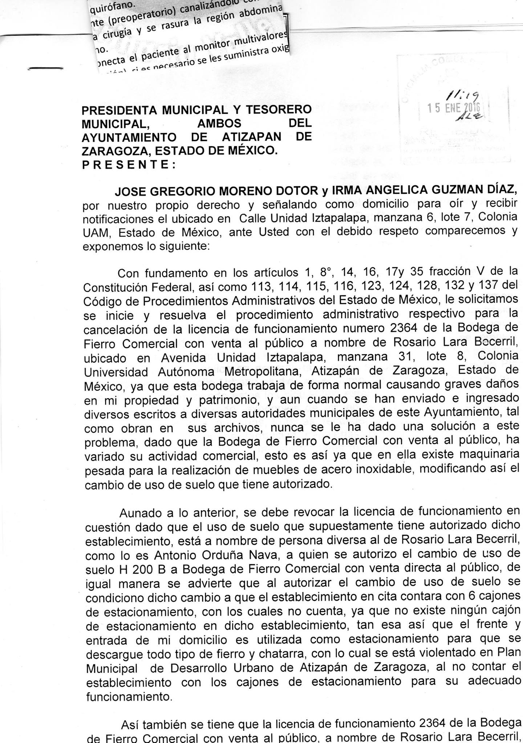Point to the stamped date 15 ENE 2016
tap(454, 108)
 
